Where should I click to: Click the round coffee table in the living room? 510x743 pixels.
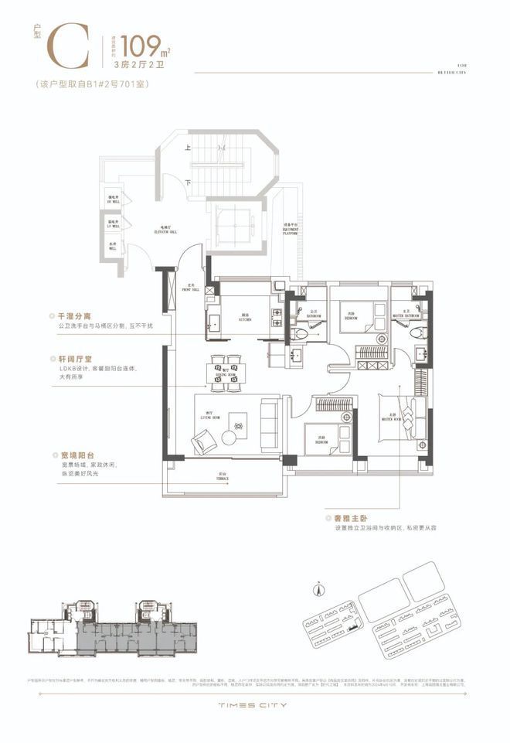point(229,438)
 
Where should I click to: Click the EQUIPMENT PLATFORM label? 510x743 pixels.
point(291,229)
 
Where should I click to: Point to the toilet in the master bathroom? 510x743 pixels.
point(416,333)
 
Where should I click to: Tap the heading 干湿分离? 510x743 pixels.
point(73,316)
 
